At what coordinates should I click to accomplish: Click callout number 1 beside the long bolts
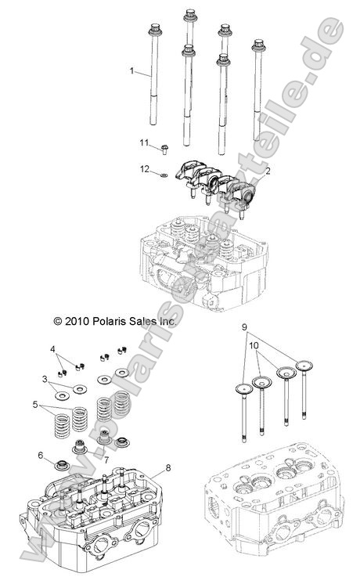coord(133,70)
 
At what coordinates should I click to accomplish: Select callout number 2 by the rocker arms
coord(268,170)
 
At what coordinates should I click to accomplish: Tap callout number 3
coord(45,378)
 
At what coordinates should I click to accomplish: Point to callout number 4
coord(53,348)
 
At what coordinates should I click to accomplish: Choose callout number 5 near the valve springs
coord(35,405)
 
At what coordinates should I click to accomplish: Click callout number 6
coord(40,455)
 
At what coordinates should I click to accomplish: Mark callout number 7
coord(105,460)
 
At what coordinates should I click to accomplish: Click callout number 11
coord(144,142)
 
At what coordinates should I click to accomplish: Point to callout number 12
coord(144,168)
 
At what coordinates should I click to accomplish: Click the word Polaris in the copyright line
coord(95,321)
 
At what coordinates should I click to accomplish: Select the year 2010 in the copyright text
coord(58,321)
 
